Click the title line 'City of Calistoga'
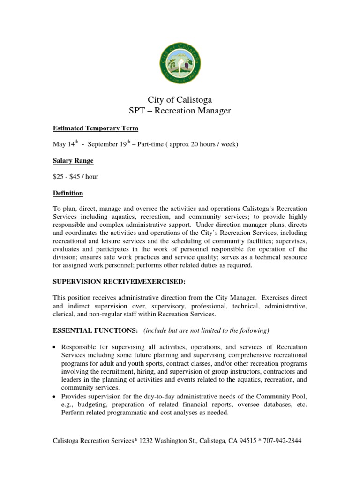point(180,100)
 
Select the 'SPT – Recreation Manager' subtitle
point(180,111)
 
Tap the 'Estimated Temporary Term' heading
point(95,128)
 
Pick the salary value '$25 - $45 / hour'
point(75,177)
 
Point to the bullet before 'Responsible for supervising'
point(55,347)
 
